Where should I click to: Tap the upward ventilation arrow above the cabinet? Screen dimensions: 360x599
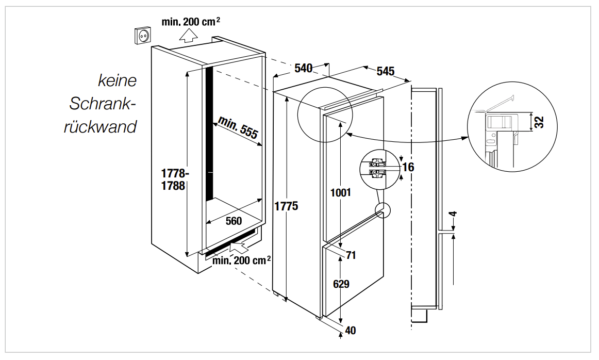click(x=189, y=35)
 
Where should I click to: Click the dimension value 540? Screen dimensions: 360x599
click(x=304, y=68)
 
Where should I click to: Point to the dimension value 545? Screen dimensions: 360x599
click(x=385, y=71)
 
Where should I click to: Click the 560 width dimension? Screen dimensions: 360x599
click(x=234, y=221)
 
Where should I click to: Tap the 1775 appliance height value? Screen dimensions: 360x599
click(x=286, y=206)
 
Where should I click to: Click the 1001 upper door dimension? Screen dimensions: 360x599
click(x=341, y=193)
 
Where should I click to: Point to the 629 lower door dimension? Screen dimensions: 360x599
click(x=341, y=284)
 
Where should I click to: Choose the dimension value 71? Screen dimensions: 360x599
click(x=351, y=255)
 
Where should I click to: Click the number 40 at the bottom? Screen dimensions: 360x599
click(x=351, y=331)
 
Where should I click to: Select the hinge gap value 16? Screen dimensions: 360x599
click(x=409, y=167)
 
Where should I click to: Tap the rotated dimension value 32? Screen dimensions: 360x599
click(x=539, y=122)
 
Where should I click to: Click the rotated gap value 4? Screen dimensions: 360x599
click(x=454, y=214)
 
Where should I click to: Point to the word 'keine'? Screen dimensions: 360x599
click(x=118, y=80)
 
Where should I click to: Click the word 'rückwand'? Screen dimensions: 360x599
click(x=100, y=127)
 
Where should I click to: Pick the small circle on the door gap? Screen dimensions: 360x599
click(x=383, y=210)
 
